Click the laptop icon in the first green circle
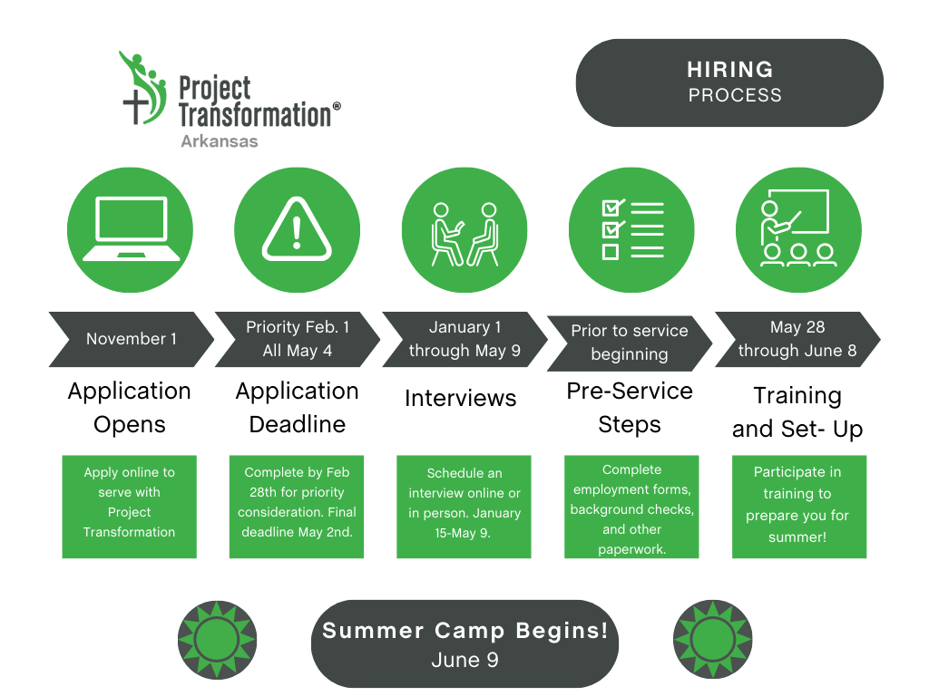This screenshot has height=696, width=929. [131, 229]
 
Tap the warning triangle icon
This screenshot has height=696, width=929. [297, 229]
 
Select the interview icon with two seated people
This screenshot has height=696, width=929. [464, 235]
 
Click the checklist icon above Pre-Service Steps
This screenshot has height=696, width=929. [632, 229]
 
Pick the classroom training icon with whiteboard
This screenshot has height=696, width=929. [797, 227]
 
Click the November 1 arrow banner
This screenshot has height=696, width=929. [131, 339]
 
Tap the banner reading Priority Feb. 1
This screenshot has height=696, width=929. [297, 339]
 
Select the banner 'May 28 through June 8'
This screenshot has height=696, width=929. [797, 339]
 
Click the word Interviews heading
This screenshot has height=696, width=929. [460, 399]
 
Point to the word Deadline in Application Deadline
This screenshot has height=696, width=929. [298, 424]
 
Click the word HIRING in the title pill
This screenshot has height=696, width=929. [730, 70]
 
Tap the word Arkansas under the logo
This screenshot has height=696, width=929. [220, 141]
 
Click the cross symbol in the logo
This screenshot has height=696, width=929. [136, 106]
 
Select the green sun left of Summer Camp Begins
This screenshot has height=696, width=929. [218, 640]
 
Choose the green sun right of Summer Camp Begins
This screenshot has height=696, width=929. [713, 640]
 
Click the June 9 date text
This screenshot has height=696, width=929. [465, 660]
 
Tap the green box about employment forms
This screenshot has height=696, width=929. [631, 507]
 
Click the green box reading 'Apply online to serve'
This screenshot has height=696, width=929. [129, 507]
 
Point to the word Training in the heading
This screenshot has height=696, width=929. [797, 397]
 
